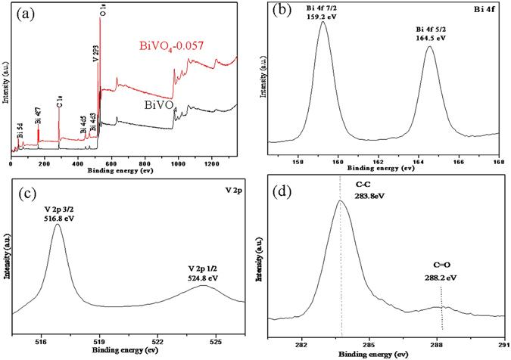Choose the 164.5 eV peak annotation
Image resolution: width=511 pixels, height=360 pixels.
coord(428,41)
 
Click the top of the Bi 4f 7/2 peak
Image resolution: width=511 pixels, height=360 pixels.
coord(323,22)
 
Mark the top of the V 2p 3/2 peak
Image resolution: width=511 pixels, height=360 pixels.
coord(58,224)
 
